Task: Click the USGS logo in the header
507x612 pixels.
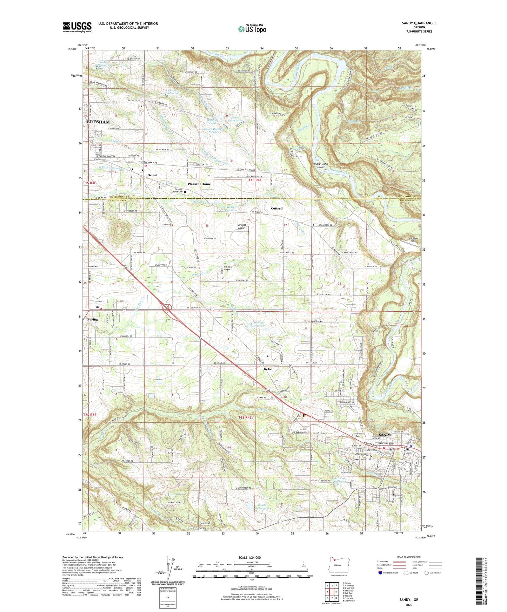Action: pos(77,27)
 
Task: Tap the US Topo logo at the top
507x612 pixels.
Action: pos(252,29)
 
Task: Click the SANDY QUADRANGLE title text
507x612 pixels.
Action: pos(419,23)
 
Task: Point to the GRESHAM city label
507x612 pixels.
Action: pos(98,122)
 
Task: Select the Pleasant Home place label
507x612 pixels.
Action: pos(199,184)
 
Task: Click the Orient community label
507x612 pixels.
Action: pos(152,175)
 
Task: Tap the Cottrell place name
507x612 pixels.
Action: pos(276,208)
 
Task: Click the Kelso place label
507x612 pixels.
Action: pos(268,369)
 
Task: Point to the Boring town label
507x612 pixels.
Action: pos(93,320)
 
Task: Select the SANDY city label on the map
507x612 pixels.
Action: pos(385,434)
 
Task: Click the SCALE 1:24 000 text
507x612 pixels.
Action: pos(249,558)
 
